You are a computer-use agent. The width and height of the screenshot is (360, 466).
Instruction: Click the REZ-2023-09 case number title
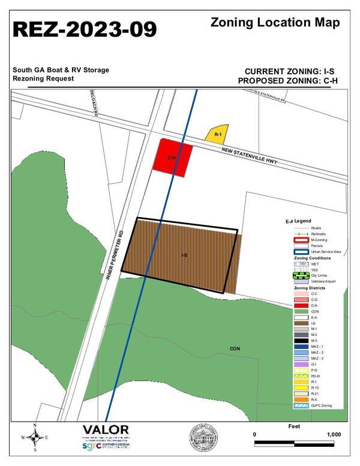point(85,28)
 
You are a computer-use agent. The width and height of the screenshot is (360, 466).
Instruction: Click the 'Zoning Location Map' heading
point(275,23)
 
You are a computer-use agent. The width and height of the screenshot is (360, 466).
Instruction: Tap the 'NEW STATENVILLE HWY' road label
point(252,157)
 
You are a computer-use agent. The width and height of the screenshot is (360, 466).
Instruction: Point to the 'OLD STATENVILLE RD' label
point(278,95)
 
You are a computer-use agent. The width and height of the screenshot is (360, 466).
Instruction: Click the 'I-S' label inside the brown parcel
point(184,255)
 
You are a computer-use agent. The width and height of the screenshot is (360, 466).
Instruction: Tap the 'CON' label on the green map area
point(235,348)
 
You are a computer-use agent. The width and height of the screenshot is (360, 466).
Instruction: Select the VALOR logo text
point(105,430)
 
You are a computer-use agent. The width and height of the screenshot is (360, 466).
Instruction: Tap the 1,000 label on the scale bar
point(334,435)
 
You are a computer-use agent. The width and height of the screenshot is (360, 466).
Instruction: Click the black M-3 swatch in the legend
point(301,340)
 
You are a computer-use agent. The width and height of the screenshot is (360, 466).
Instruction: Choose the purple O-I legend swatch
point(301,363)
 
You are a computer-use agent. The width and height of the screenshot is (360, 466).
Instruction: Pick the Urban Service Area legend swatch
point(301,251)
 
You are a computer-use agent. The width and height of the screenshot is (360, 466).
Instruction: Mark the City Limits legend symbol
point(301,275)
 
